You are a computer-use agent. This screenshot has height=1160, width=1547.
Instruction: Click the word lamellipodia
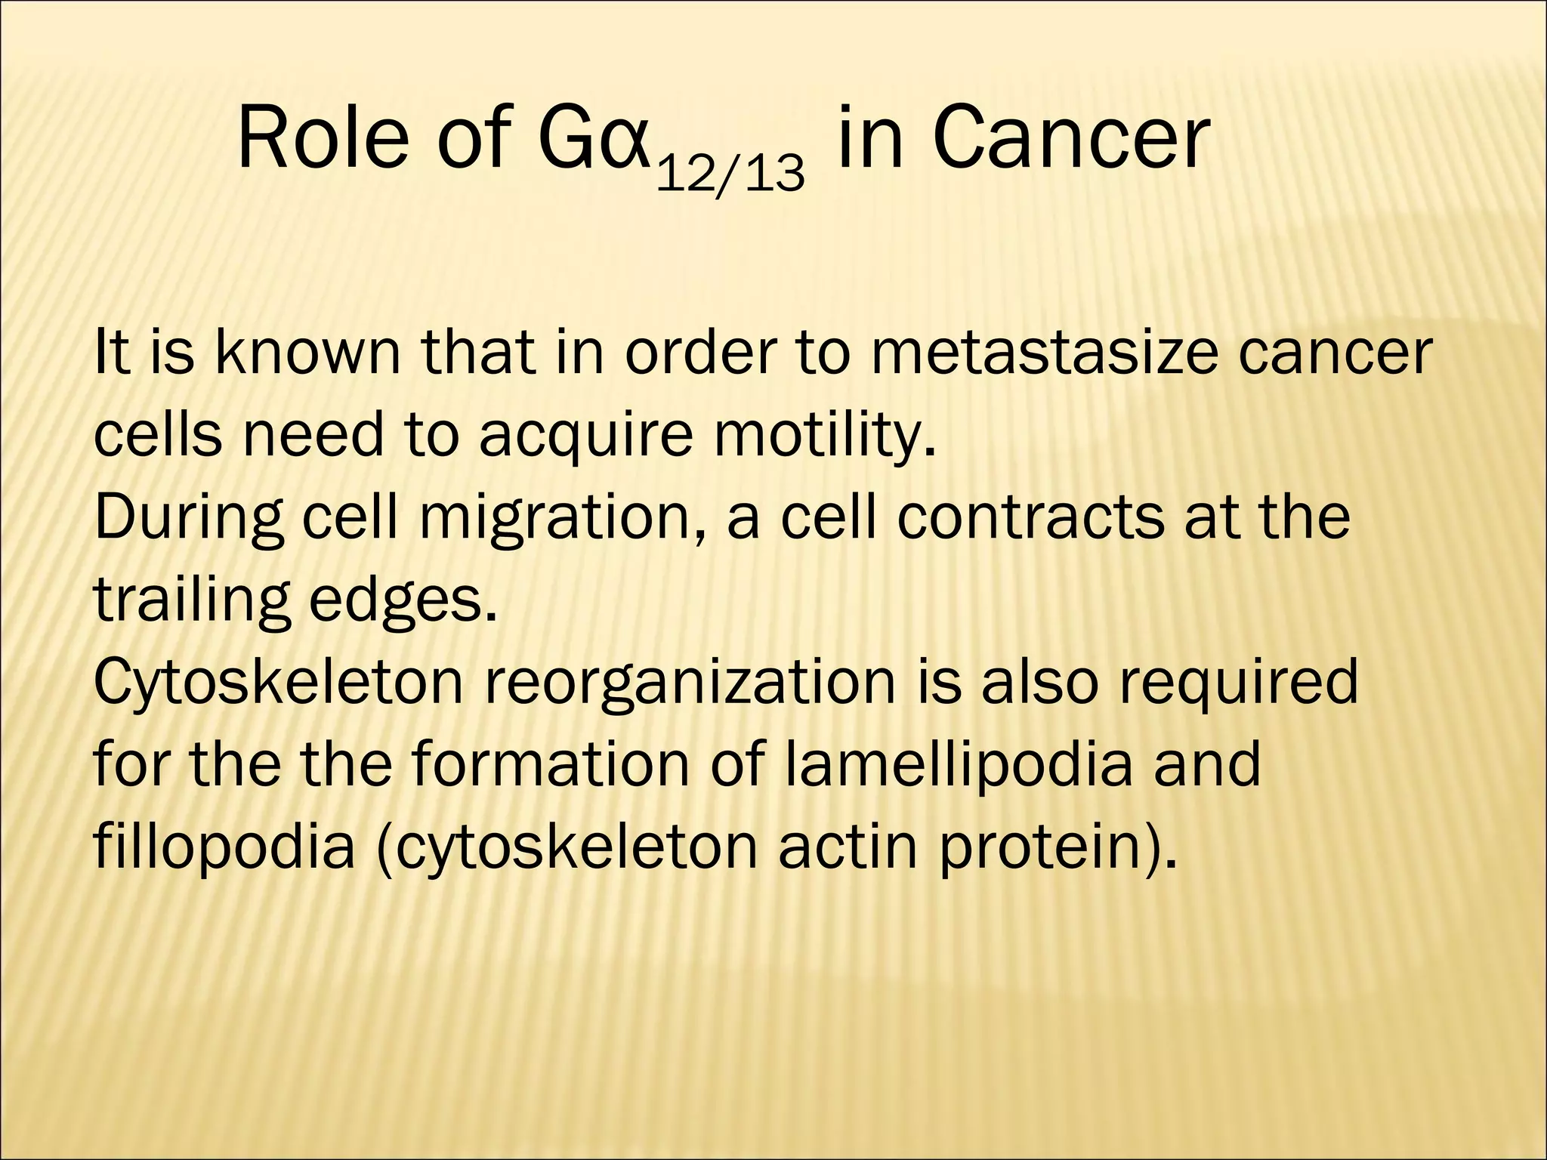point(959,765)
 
